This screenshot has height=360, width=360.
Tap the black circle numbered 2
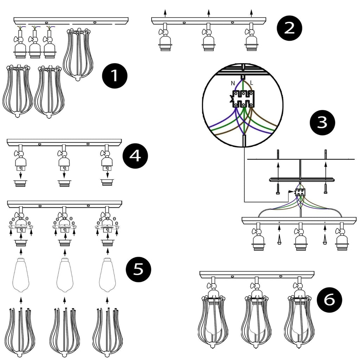(x=289, y=28)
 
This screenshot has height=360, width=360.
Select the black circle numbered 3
(x=323, y=122)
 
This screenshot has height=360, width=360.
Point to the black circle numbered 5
(x=138, y=270)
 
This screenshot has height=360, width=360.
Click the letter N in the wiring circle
(x=233, y=83)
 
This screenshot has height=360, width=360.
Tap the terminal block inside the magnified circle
(x=242, y=98)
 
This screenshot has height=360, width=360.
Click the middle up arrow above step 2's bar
(x=208, y=13)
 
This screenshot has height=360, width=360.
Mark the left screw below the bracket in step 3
(x=278, y=188)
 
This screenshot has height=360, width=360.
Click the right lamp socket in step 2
(x=250, y=41)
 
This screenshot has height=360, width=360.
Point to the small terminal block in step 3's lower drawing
(x=300, y=192)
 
